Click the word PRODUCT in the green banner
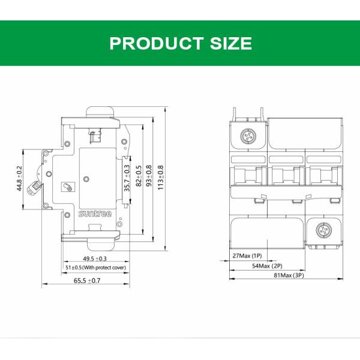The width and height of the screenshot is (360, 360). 157,43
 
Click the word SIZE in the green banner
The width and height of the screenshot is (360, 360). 231,43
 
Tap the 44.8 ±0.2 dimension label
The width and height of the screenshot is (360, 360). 19,178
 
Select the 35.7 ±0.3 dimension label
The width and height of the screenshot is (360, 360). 127,178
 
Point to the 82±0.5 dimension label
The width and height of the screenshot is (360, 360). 139,176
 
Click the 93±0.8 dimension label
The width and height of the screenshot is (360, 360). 149,176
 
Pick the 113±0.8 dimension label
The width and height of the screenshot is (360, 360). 160,178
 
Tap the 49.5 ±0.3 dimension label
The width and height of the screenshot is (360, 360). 95,259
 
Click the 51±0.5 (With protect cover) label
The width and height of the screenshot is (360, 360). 96,268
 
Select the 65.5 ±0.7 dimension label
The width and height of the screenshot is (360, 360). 87,281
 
